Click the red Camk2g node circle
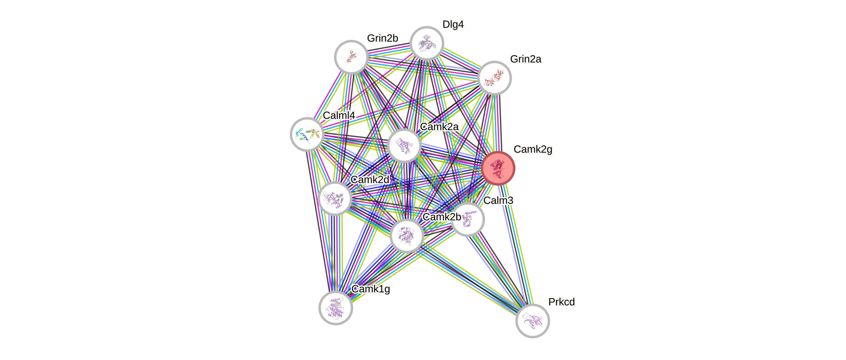click(x=498, y=168)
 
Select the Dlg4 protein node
click(x=427, y=43)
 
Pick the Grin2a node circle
click(x=494, y=78)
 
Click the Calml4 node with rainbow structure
click(x=307, y=134)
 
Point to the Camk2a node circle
click(x=404, y=146)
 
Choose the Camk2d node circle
click(x=335, y=198)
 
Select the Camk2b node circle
click(x=407, y=236)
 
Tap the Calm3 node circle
click(x=468, y=219)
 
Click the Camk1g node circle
click(x=336, y=308)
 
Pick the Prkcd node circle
click(x=532, y=321)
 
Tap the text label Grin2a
click(x=526, y=59)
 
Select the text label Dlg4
click(x=453, y=24)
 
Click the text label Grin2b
click(x=382, y=38)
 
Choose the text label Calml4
click(x=339, y=115)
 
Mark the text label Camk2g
click(x=533, y=149)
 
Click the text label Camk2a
click(x=439, y=127)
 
